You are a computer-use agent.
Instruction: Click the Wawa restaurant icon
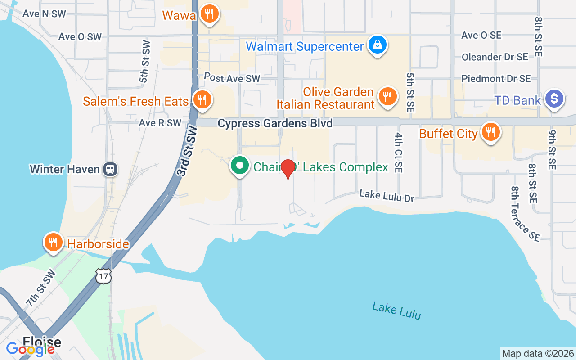209,14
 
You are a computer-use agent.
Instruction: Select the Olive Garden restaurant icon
387,96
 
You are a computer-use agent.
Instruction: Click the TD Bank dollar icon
554,99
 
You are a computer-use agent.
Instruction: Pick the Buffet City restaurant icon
490,132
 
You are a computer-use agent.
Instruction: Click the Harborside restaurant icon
54,242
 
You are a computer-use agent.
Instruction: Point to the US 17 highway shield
103,275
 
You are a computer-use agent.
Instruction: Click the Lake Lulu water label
396,311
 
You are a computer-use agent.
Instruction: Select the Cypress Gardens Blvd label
275,123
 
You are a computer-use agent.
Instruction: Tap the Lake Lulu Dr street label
386,196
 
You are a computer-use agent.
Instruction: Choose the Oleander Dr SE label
495,57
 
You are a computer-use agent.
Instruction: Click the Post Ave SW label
232,77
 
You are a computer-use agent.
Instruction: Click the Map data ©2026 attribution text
538,353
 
